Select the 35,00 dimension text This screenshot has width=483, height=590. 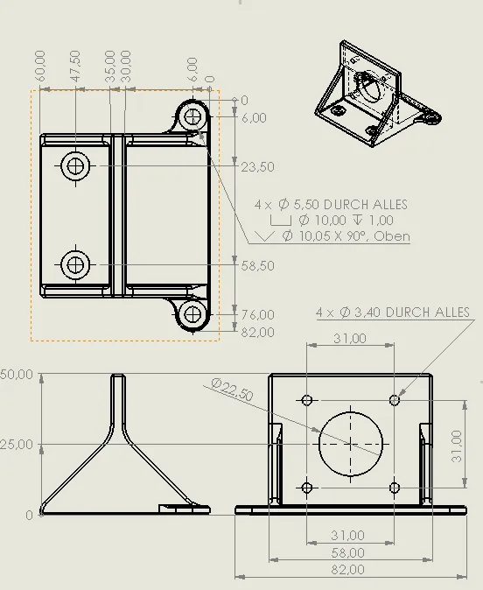110,68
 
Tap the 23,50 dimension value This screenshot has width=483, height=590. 256,166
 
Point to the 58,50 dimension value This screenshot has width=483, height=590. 256,265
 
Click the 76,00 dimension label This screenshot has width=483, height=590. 256,314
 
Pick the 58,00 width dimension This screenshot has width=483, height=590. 348,552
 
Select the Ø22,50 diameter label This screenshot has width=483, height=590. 232,390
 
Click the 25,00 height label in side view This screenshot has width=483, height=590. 17,444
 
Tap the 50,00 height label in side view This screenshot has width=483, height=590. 17,375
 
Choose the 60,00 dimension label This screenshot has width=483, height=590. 40,68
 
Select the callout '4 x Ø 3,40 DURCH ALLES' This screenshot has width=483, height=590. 393,312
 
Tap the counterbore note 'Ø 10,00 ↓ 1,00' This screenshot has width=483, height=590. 346,221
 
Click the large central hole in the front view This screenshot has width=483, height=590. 351,443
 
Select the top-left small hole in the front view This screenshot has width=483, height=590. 307,400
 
